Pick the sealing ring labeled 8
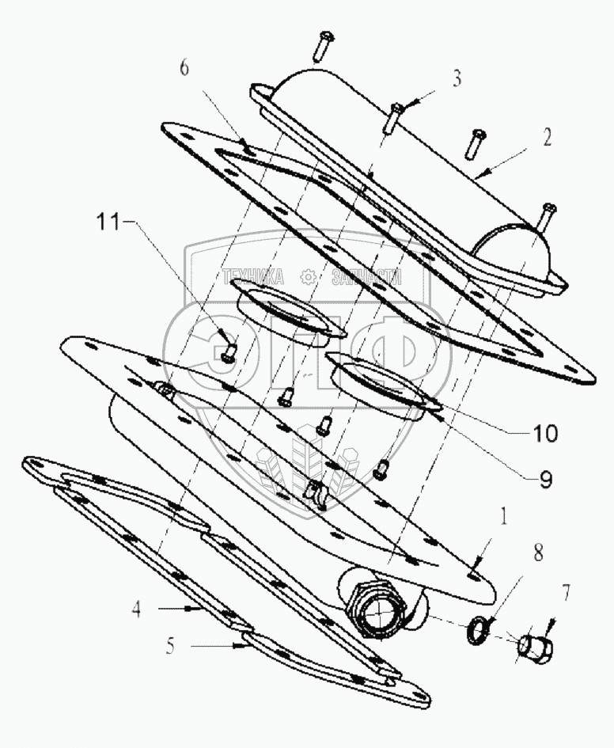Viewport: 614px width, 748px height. [x=478, y=632]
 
